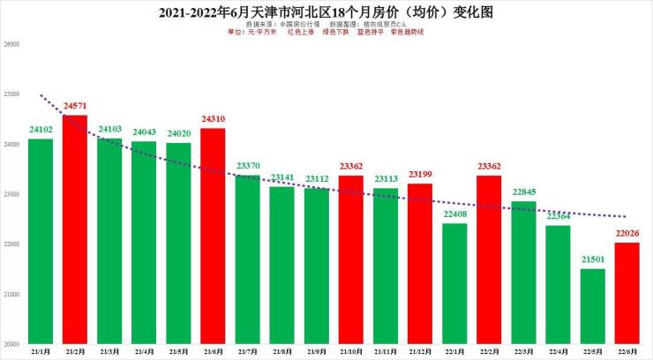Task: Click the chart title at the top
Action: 326,13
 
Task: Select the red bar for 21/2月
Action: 75,229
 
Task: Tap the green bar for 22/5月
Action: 593,306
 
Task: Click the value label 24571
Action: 75,105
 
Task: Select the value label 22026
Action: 627,232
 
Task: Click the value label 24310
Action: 213,118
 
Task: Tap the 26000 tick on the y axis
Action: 11,43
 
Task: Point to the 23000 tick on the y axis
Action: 11,193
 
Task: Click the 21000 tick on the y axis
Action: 11,294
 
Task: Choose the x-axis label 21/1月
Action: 41,351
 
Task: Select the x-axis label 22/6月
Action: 627,351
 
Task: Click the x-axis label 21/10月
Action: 351,351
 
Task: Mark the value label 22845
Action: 524,191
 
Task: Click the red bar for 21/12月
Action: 420,264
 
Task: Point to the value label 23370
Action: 248,165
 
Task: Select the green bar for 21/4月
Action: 144,243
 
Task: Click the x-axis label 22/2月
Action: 489,351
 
